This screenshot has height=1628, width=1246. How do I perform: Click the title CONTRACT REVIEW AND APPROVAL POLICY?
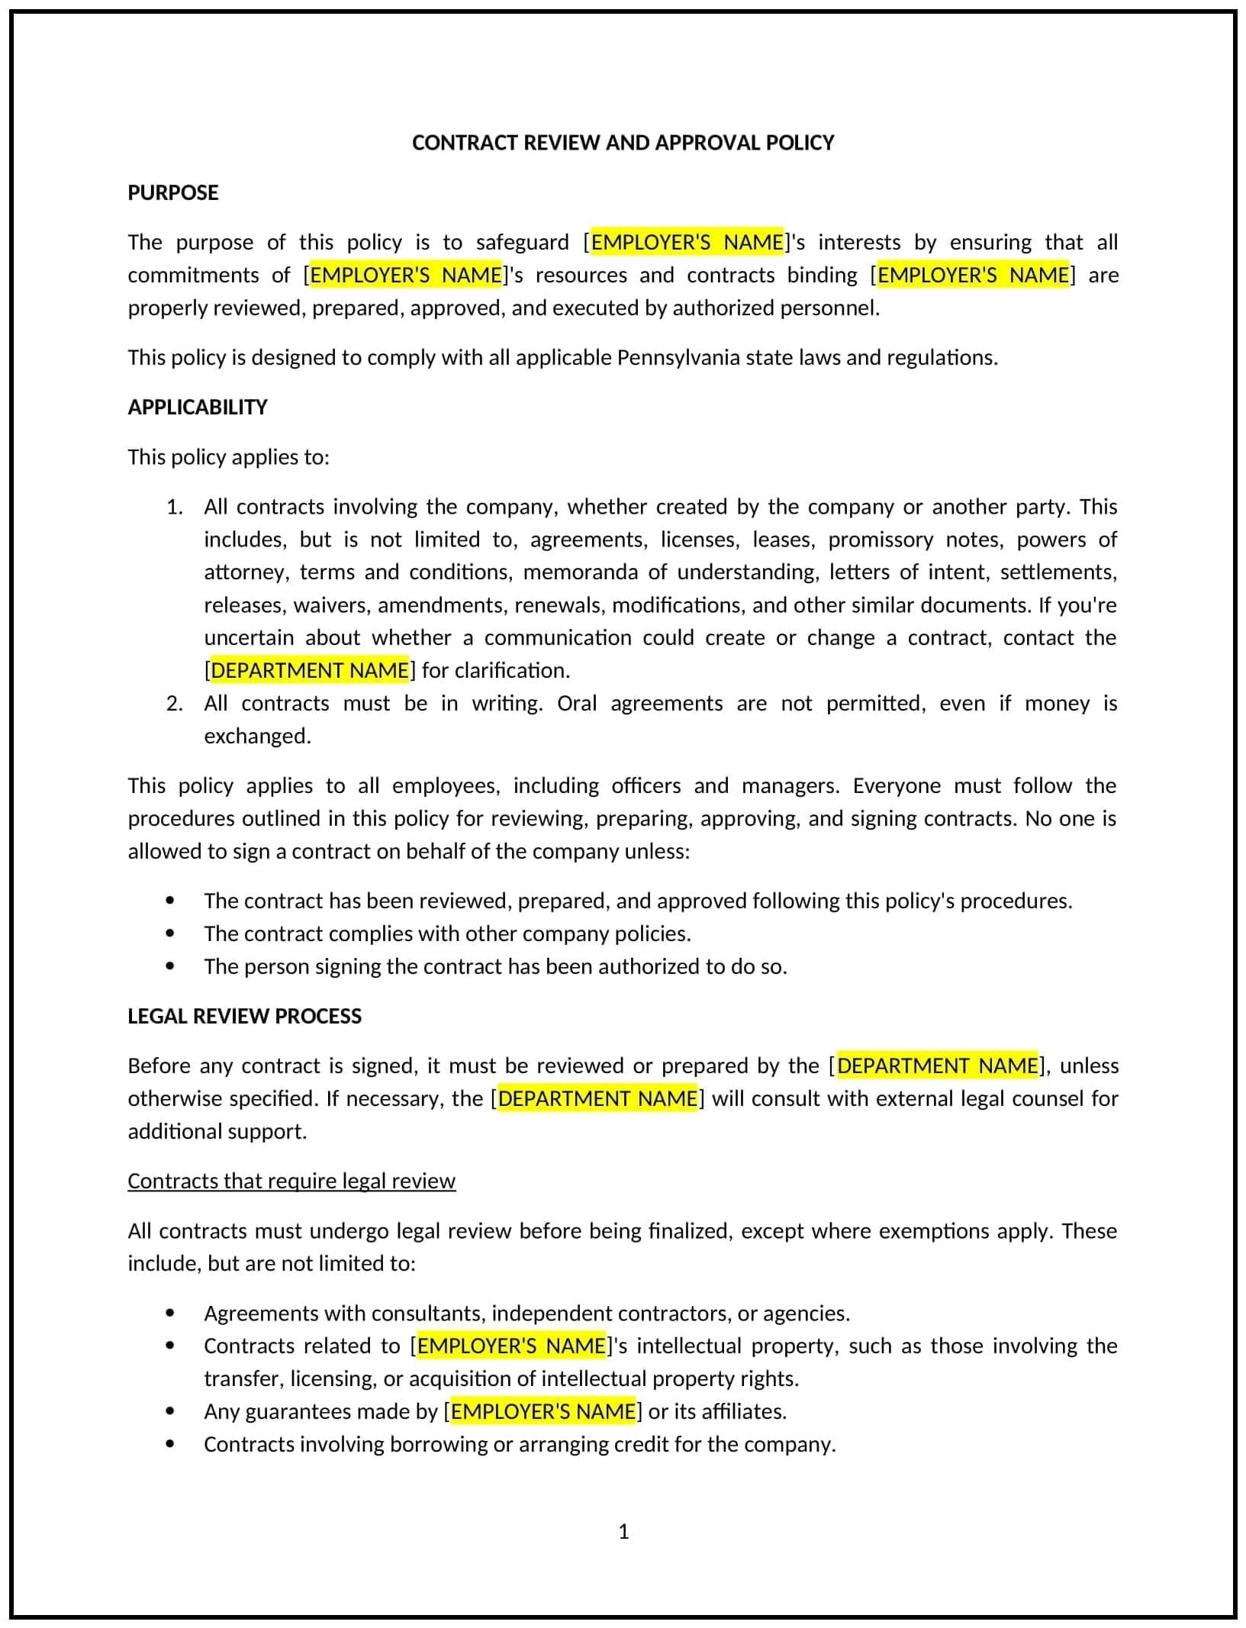(623, 143)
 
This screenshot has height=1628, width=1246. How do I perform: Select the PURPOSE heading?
(173, 192)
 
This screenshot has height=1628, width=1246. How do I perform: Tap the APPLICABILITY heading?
(198, 407)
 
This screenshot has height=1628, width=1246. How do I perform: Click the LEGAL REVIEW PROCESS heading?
(244, 1016)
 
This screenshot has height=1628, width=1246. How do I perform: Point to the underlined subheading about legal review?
(291, 1181)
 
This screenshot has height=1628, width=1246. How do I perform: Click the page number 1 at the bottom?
(623, 1531)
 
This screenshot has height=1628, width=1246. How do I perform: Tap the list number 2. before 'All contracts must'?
(175, 703)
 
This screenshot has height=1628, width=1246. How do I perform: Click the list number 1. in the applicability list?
(175, 507)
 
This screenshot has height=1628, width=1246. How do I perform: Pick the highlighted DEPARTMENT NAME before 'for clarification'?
(310, 670)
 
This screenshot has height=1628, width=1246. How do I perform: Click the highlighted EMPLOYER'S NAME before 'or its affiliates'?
(543, 1411)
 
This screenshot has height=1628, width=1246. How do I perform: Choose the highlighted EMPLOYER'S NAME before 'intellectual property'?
(511, 1346)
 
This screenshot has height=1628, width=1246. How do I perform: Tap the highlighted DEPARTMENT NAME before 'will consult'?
(597, 1098)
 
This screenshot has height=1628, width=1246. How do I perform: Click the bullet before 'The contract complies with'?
(169, 933)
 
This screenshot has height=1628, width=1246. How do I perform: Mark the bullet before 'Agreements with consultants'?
(169, 1313)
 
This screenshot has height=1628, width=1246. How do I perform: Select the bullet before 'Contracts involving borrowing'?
(169, 1444)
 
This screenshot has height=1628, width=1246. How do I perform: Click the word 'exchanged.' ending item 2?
(257, 736)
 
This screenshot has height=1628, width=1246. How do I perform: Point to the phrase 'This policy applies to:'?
(228, 457)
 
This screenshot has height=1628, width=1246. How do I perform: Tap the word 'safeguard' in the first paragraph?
(522, 242)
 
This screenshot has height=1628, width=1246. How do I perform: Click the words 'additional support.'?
(217, 1131)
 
